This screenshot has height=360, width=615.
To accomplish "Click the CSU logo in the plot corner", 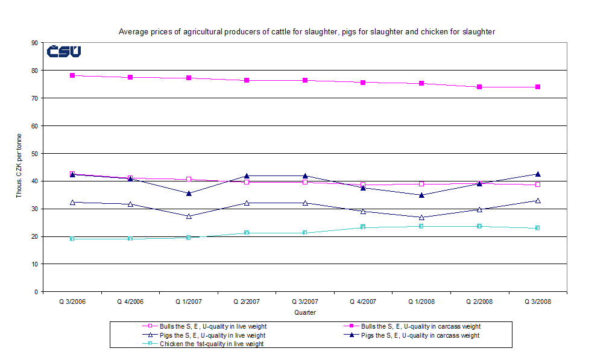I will pos(64,52).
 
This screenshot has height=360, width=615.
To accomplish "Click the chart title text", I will pos(307,31).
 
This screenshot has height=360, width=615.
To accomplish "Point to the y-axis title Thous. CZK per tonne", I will pos(19,166).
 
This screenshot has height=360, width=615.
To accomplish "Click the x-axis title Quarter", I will pos(304,312).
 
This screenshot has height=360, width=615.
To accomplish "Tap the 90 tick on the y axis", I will pos(35,43).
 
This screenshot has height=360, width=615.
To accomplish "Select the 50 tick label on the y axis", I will pos(35,153).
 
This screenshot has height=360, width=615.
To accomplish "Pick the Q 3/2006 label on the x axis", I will pos(72,301).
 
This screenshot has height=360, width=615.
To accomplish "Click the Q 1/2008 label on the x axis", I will pos(421,301).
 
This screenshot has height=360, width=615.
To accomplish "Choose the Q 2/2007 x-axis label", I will pos(247,301).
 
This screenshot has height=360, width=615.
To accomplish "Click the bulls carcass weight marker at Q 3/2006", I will pos(72,75).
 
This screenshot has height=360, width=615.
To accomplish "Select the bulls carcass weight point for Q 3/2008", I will pos(538,87).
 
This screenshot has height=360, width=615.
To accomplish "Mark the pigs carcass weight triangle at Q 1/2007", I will pos(189,193).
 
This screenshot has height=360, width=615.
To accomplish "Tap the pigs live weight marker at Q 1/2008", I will pos(421,217).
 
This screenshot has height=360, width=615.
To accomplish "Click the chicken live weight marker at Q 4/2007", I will pos(363,227).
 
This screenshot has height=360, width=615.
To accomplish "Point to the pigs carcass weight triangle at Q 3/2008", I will pos(538,174).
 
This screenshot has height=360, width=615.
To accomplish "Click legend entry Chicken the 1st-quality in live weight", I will pos(212,344).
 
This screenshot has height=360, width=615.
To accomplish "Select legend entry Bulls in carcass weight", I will pos(420,326).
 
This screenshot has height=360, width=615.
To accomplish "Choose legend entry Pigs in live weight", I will pos(212,335).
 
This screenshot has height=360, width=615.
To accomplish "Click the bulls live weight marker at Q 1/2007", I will pos(189,179).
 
